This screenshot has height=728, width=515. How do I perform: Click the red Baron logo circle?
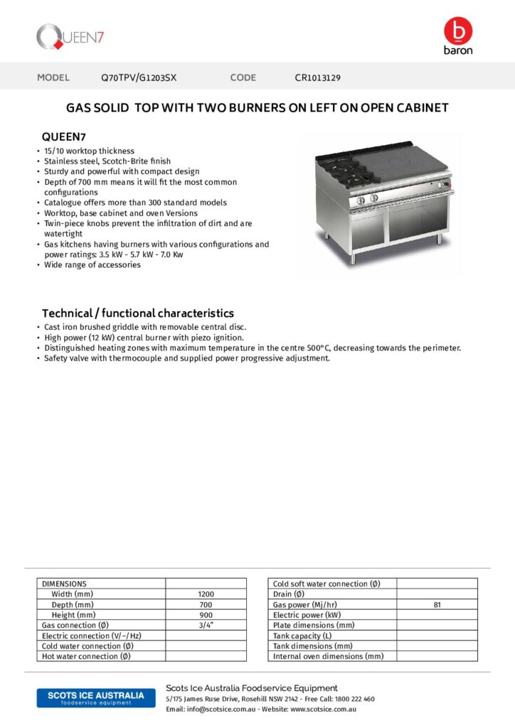tap(457, 31)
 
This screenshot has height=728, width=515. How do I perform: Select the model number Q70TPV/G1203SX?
tap(138, 77)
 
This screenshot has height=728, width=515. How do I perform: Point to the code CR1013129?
tap(318, 77)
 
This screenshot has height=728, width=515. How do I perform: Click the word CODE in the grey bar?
tap(243, 77)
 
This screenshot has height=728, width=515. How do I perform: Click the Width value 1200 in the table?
tap(206, 594)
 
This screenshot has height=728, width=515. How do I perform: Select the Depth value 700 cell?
tap(206, 604)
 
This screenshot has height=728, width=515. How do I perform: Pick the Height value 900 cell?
tap(206, 614)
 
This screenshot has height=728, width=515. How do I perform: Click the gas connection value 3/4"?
tap(206, 625)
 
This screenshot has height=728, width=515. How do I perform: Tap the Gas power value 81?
tap(437, 604)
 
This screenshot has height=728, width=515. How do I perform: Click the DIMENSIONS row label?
tap(64, 584)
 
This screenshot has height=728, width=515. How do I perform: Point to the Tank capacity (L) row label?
tap(302, 636)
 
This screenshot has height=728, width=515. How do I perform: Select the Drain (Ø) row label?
tap(289, 594)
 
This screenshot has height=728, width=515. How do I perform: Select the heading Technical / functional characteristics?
tap(137, 313)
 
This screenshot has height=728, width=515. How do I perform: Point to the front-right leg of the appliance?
tap(439, 238)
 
